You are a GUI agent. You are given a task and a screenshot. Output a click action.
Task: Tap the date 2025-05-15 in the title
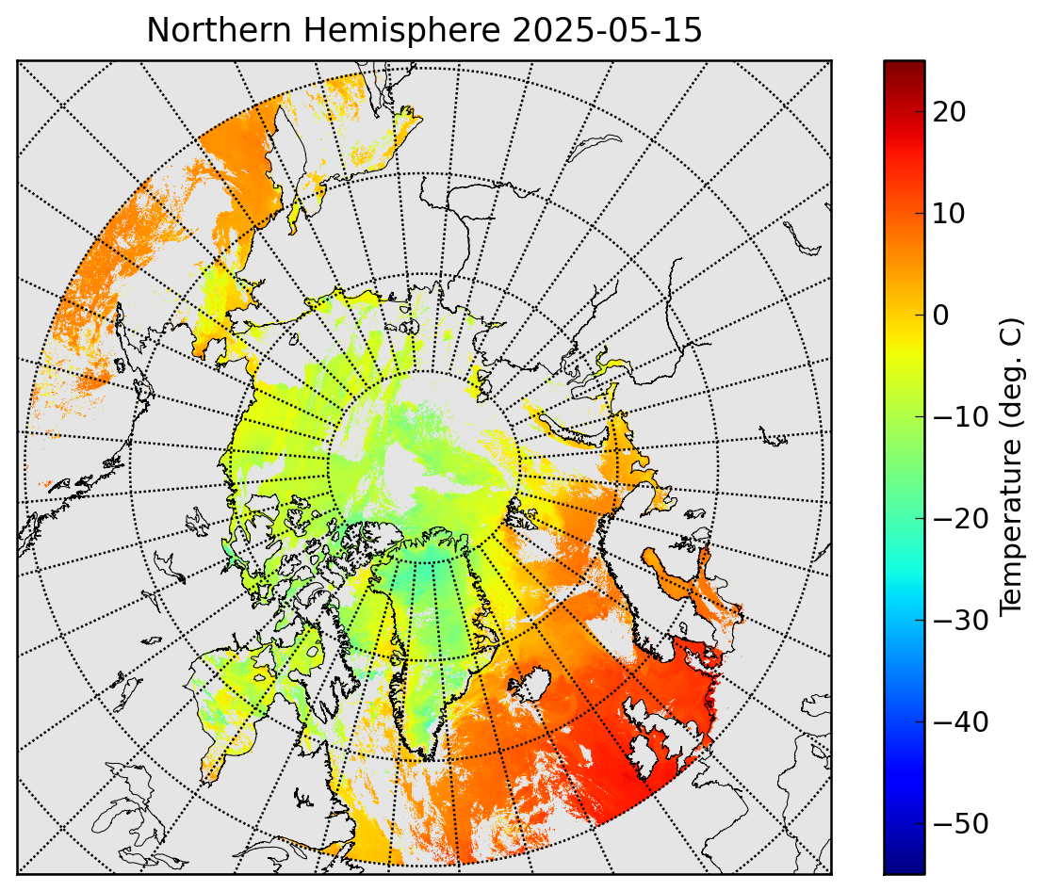pos(607,30)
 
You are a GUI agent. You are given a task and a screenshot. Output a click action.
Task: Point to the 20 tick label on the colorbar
pos(949,112)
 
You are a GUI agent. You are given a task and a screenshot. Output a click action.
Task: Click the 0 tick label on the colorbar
pos(940,316)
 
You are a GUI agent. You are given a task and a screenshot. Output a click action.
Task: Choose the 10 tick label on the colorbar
pos(949,214)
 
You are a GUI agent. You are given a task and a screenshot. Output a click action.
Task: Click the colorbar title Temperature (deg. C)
pos(1010,466)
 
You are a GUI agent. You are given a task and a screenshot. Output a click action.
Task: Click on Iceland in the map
pos(530,685)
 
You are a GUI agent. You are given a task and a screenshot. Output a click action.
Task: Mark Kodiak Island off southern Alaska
pos(121,364)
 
